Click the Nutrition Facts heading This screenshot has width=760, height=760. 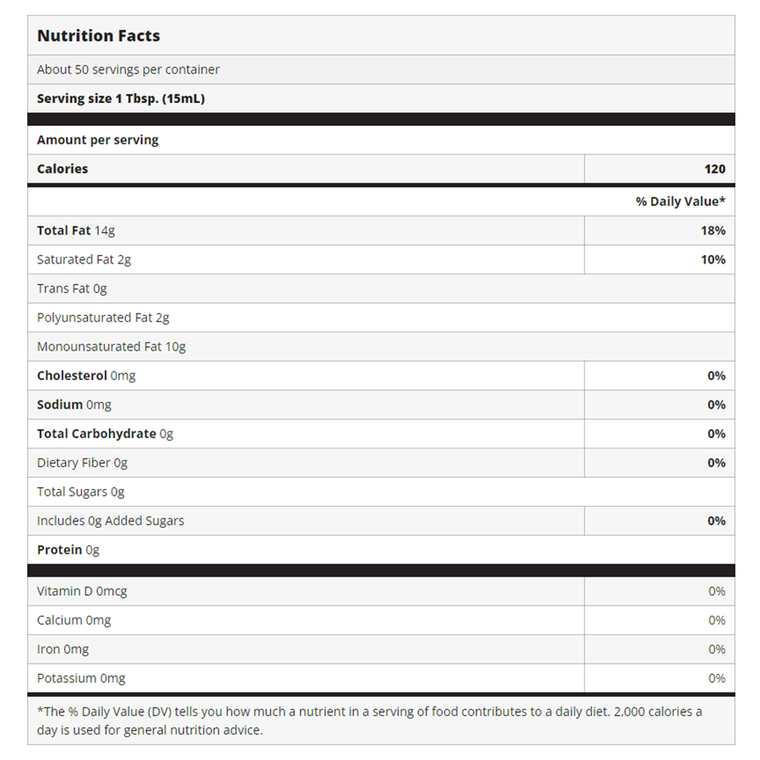coord(99,36)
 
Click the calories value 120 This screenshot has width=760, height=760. coord(714,169)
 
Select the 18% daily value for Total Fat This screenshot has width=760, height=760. coord(713,231)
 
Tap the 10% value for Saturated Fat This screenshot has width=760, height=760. coord(713,260)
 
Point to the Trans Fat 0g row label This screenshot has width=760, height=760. coord(72,289)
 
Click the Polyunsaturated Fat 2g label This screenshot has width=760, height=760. coord(103,318)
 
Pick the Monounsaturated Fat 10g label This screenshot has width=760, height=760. coord(111,346)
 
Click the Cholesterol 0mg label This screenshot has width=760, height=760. coord(86,376)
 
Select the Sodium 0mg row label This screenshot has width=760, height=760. coord(74,404)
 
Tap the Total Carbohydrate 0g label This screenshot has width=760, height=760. coord(105,434)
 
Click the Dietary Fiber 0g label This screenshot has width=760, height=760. coord(82,463)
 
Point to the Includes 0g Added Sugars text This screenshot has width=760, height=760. coord(111,521)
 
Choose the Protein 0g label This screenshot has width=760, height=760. coord(68,550)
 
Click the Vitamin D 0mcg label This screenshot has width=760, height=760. coord(82,591)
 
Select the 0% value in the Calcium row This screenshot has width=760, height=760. coord(717,621)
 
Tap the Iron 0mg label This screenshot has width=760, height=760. coord(62,649)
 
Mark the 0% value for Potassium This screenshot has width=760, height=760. coord(717,678)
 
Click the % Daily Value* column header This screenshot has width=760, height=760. coord(681,202)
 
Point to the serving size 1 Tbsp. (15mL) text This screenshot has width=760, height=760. coord(121,99)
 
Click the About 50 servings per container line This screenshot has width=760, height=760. coord(128,70)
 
